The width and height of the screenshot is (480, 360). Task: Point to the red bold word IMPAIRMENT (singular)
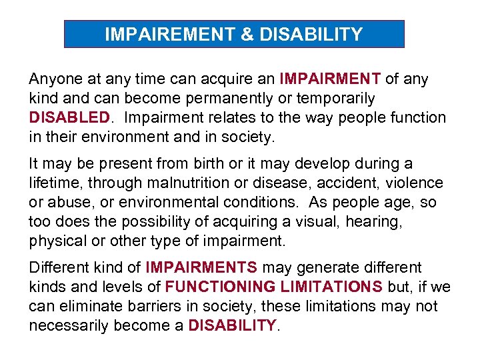[x=330, y=79]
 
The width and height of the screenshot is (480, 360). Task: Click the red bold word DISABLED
[x=69, y=118]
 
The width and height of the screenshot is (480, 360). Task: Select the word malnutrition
[x=187, y=183]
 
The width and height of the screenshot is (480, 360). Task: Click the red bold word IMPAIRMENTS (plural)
[x=201, y=268]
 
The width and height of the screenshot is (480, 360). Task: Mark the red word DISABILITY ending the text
[x=232, y=326]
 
